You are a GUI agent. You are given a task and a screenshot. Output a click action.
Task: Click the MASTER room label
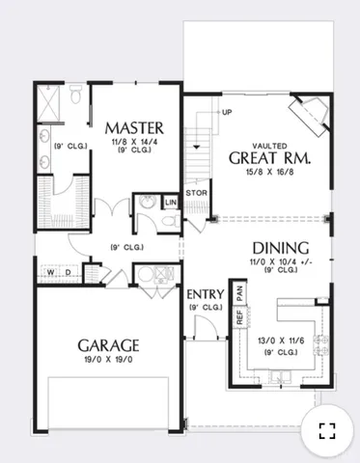coord(134,127)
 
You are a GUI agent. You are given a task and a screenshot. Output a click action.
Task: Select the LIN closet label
coord(171,203)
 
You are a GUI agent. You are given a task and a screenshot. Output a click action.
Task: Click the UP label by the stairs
coord(227,112)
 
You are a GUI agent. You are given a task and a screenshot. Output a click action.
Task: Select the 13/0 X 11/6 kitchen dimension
coord(282,339)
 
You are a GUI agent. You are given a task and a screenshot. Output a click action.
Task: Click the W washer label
coord(49,273)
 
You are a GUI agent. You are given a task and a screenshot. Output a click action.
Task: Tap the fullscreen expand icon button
coord(326,431)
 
